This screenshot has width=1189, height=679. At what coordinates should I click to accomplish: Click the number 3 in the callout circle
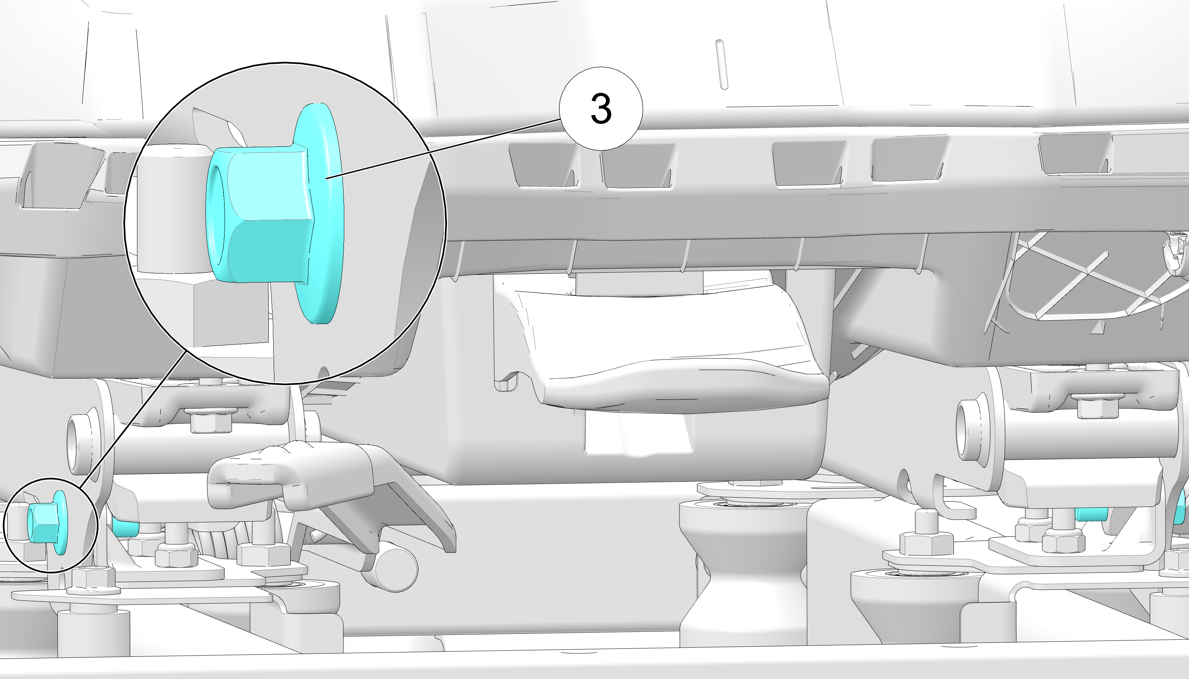pyautogui.click(x=601, y=109)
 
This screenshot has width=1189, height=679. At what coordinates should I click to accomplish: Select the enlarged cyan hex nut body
pyautogui.click(x=259, y=215)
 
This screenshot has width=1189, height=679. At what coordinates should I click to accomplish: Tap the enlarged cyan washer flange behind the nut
pyautogui.click(x=322, y=214)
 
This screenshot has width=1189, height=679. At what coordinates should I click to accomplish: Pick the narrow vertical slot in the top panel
pyautogui.click(x=721, y=65)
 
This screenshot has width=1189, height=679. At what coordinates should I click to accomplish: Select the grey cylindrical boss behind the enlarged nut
pyautogui.click(x=172, y=207)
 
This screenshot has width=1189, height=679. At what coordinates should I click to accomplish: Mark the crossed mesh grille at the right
pyautogui.click(x=1087, y=284)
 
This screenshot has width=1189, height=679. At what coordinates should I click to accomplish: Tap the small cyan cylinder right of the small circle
pyautogui.click(x=125, y=527)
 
